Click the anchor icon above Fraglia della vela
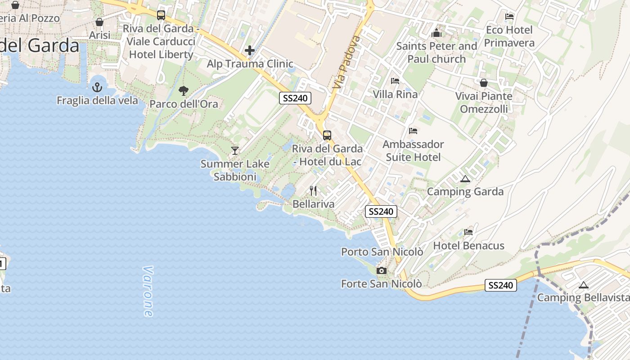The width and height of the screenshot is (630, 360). tap(97, 87)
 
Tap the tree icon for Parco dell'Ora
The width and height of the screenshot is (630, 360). tap(183, 91)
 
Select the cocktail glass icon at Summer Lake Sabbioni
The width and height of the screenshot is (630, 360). tap(234, 150)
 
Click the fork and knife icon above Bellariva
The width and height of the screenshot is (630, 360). tap(313, 191)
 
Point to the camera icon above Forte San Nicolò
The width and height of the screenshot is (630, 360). tap(382, 270)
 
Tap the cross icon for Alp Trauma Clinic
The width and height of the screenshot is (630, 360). tap(250, 50)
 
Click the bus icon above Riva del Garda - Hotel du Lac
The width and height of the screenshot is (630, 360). tap(327, 135)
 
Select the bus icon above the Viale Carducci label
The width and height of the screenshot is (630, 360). tap(161, 15)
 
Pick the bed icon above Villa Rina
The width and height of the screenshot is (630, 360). tap(395, 81)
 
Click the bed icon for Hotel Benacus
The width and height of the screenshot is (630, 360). tap(468, 232)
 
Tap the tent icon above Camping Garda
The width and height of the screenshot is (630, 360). tap(465, 179)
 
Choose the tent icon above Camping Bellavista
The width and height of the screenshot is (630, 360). tap(584, 285)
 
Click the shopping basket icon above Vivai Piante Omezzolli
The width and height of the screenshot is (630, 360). tap(484, 83)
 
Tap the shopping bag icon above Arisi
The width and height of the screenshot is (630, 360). tap(99, 22)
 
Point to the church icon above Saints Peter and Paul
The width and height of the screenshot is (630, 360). tap(436, 33)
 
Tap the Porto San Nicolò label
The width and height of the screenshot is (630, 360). tap(382, 252)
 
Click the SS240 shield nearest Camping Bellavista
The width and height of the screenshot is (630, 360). tap(500, 285)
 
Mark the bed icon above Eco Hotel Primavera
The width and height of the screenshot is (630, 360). tap(509, 17)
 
